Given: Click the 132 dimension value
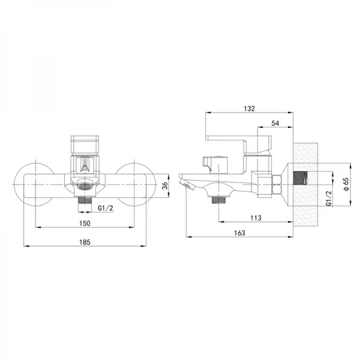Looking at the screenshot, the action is (250, 109).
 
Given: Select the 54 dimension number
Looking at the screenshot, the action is (275, 123).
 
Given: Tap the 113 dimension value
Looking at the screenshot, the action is (256, 218).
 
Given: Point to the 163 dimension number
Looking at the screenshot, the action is (239, 233).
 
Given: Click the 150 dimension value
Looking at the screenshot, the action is (85, 223).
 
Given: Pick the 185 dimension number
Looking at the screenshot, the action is (85, 242).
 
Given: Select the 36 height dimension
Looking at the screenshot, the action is (165, 185).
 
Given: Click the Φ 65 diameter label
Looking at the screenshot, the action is (346, 184).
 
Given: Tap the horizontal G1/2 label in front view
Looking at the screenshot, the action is (106, 208).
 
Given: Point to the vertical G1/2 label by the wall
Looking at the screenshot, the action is (329, 199).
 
